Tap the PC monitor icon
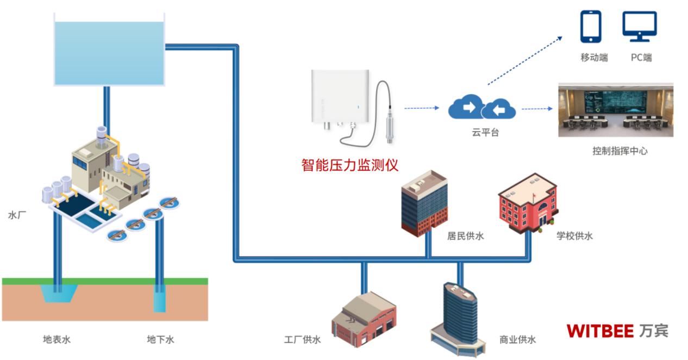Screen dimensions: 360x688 pos(640,27)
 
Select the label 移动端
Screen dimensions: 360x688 pos(594,58)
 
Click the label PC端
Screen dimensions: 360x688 pos(641,58)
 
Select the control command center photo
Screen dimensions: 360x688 pos(616,110)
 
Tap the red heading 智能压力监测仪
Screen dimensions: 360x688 pos(353,164)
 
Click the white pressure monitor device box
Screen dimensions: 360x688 pos(340,96)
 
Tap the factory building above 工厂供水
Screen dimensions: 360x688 pos(364,320)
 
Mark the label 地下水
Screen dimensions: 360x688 pos(160,340)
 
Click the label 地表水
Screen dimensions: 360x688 pos(57,340)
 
